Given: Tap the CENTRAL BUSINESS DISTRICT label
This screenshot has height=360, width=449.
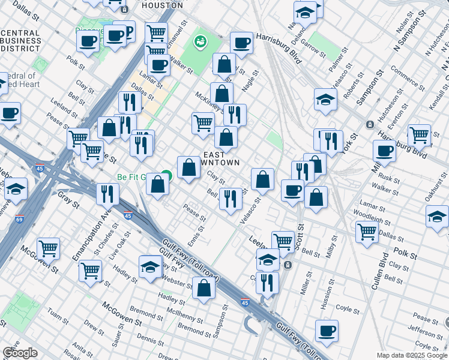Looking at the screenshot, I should tap(20, 41).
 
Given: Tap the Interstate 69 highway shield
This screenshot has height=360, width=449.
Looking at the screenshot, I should tap(20, 220).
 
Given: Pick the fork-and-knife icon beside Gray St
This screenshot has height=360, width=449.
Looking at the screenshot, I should tap(108, 193).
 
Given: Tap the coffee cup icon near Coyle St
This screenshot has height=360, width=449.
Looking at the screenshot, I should tap(327, 330).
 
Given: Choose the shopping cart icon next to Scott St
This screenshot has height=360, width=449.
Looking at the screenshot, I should tap(283, 242).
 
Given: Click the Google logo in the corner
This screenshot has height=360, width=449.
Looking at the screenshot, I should tap(20, 352).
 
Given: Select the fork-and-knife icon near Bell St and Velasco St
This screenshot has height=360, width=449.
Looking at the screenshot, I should tap(231, 199).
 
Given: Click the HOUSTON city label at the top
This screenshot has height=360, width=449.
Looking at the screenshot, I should tap(160, 5).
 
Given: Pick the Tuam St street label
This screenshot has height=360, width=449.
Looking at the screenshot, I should tap(58, 314).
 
